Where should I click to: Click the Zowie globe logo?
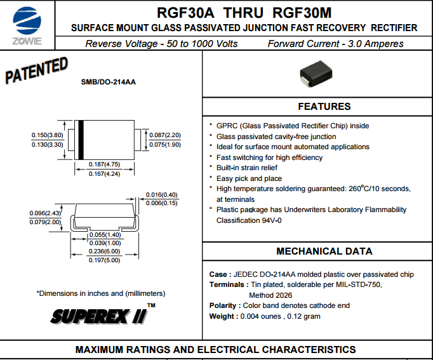(x=27, y=21)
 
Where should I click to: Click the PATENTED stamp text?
(x=36, y=70)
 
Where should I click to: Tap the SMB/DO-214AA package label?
(x=108, y=82)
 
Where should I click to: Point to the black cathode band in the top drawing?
(x=81, y=140)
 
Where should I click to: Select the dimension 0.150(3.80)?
(x=47, y=135)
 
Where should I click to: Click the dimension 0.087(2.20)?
(x=165, y=135)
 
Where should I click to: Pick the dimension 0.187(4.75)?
(x=104, y=164)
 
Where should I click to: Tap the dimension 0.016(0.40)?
(x=161, y=195)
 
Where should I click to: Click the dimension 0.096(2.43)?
(x=45, y=213)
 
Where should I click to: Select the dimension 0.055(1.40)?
(x=105, y=235)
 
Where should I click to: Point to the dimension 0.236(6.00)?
(x=104, y=251)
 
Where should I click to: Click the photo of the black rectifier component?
(x=316, y=74)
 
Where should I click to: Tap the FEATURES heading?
(x=324, y=107)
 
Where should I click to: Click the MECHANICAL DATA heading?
(x=324, y=251)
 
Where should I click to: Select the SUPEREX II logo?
(x=103, y=315)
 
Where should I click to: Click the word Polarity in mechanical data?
(x=223, y=305)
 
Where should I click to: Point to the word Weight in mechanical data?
(x=222, y=316)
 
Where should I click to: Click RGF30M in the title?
(x=302, y=13)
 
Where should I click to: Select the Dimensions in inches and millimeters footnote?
(x=101, y=293)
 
